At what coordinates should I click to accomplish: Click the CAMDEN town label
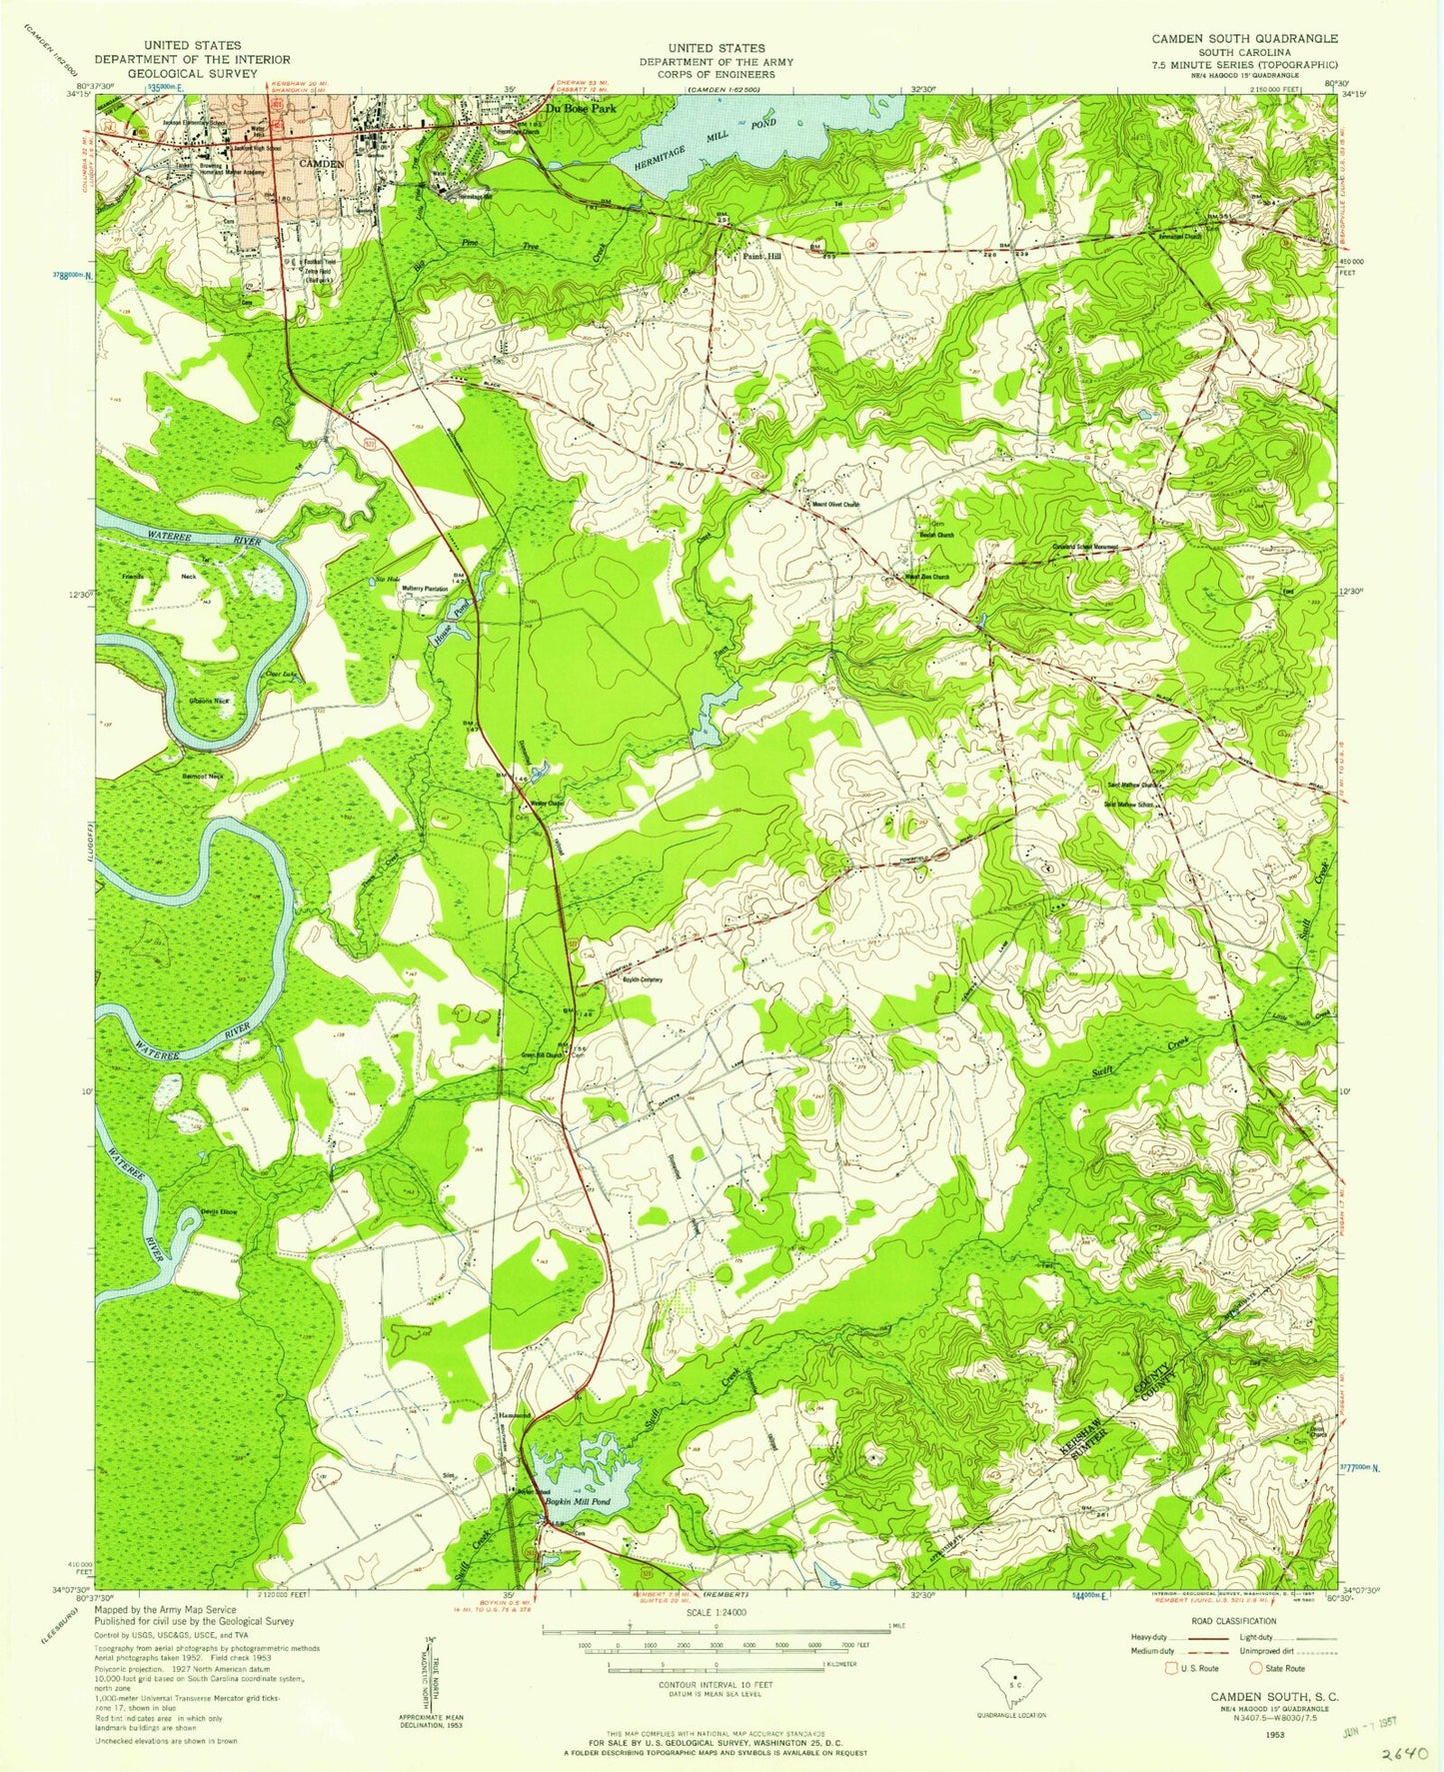click(322, 163)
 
